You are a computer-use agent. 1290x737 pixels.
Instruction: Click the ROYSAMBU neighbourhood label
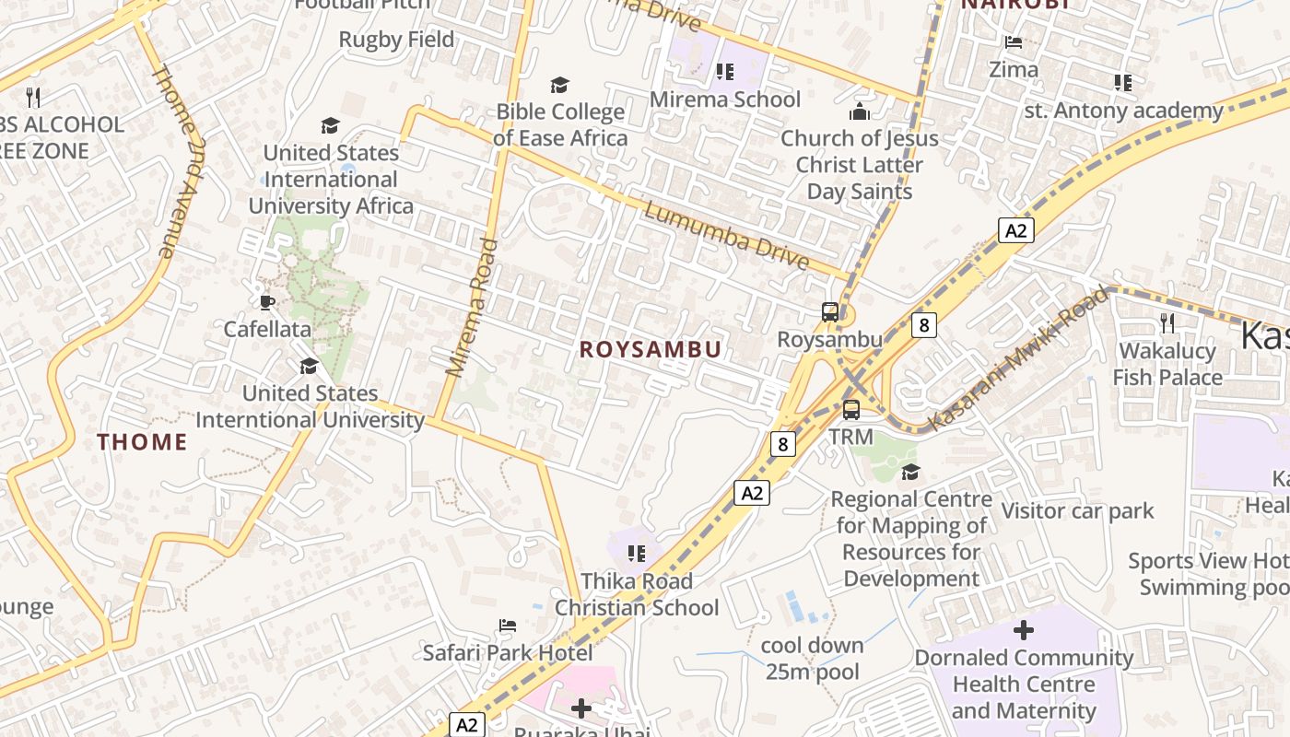651,349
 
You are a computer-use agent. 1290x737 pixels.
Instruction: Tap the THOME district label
142,442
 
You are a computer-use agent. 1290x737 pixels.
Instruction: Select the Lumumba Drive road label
726,237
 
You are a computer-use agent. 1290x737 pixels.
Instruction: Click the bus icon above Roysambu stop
830,312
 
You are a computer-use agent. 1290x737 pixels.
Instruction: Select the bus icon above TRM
851,410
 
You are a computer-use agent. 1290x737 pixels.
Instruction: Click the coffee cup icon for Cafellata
267,302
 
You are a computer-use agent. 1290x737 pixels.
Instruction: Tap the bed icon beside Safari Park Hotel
508,626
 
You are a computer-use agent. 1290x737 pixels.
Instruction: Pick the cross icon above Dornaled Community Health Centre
1023,631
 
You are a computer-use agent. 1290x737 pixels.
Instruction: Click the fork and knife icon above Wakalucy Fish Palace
1167,323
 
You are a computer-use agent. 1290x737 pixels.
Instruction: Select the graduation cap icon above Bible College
559,86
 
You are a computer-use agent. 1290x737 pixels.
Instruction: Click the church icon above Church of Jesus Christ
859,112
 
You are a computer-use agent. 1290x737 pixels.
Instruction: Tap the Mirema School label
725,99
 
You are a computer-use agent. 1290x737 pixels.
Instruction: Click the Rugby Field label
396,40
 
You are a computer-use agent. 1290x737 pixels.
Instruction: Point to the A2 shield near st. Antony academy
1015,230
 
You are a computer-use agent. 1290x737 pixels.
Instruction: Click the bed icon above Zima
1014,42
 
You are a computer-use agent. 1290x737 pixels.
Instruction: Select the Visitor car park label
1077,510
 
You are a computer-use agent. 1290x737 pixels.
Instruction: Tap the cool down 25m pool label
812,658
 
